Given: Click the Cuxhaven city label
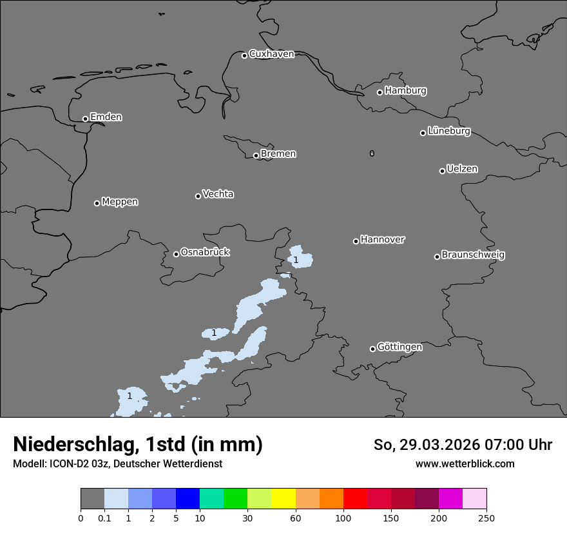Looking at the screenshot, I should (x=271, y=54).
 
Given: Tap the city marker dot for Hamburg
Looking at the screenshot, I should (x=380, y=92).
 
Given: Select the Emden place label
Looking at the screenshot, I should (x=106, y=117).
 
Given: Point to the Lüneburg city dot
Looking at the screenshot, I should (x=423, y=133).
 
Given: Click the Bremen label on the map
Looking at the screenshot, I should (x=278, y=154).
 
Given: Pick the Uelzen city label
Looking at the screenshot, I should (x=462, y=170).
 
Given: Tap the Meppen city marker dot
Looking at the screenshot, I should (x=97, y=203).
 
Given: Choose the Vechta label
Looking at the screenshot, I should (x=218, y=194).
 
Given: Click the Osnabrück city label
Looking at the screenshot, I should (x=205, y=252).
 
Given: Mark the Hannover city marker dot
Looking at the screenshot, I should (x=356, y=241).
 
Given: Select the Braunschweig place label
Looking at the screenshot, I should (x=473, y=255).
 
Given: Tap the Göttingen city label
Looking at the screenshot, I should (x=399, y=347).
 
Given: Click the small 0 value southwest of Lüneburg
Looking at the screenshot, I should (x=372, y=153).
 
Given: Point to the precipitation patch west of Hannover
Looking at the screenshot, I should (x=300, y=257).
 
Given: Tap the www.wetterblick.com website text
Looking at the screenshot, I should (x=465, y=464).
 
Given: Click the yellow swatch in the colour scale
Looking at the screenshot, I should (x=283, y=499).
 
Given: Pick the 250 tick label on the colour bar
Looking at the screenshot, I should (x=486, y=518).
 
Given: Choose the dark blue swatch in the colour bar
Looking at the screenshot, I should (x=187, y=499).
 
